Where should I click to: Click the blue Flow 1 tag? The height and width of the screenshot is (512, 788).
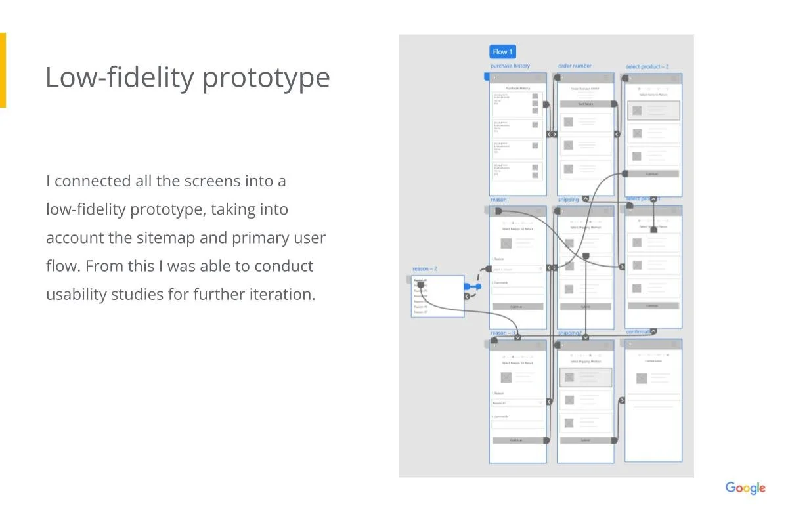pos(502,52)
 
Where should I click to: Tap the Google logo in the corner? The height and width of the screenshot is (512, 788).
pos(745,488)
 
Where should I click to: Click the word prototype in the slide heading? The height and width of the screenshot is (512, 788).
pos(266,77)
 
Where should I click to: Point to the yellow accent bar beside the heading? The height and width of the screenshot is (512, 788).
pos(3,70)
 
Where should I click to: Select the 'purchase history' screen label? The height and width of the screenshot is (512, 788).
pos(510,66)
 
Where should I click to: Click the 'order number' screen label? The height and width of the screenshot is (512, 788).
pos(575,66)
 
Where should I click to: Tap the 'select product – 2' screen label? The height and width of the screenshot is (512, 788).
pos(647,67)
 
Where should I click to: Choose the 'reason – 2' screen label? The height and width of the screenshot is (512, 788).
pos(425,269)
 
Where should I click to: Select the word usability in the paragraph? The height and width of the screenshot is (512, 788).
pos(76,294)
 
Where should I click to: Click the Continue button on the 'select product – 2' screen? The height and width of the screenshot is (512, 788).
pos(652,174)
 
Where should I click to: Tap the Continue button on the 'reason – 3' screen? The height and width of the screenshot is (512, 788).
pos(517,440)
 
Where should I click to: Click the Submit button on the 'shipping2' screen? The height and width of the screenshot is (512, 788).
pos(585,440)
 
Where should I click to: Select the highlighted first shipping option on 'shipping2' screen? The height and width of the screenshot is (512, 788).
pos(585,377)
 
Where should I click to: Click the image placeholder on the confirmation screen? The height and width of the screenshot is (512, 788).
pos(642,378)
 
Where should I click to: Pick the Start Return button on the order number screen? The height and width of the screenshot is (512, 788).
pos(585,104)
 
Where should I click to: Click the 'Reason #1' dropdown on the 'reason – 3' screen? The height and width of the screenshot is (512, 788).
pos(517,403)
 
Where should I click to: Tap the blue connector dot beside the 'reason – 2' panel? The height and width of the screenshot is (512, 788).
pos(468,287)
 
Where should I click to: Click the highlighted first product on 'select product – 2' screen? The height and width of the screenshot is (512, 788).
pos(652,110)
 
